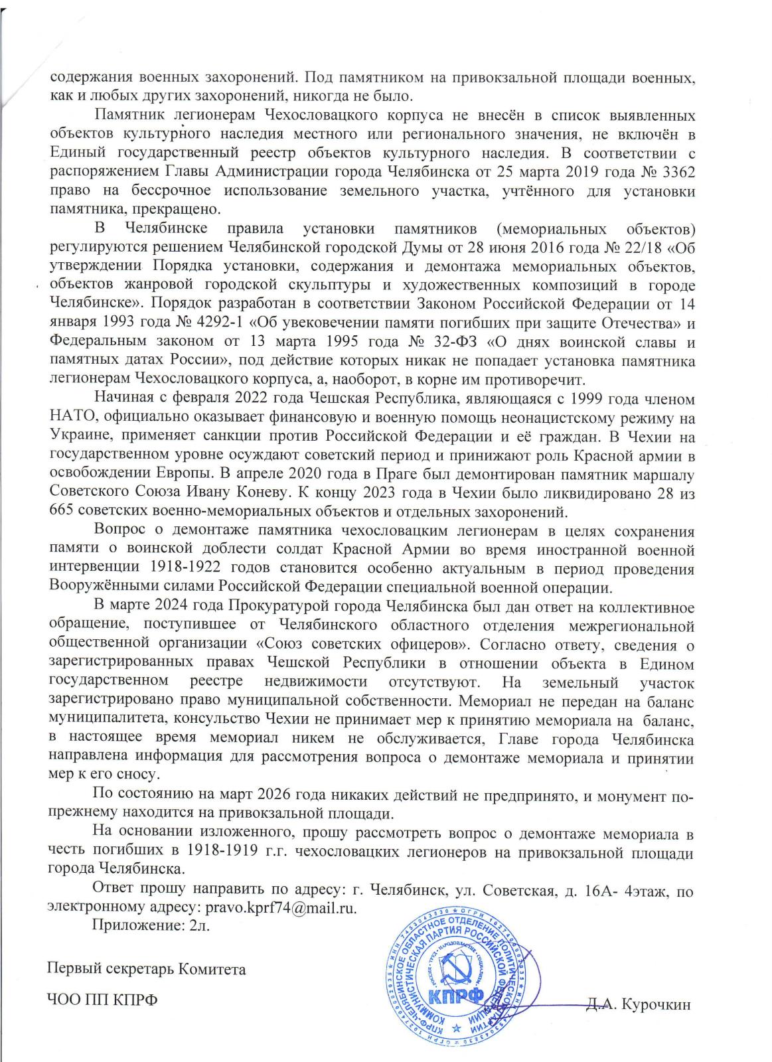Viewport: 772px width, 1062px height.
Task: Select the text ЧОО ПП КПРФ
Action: (102, 1000)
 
